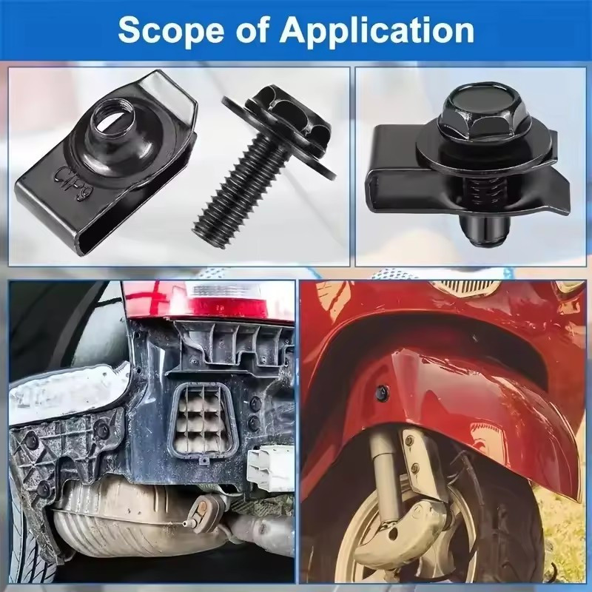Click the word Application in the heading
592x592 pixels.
pyautogui.click(x=377, y=32)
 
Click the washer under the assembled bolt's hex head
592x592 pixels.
pyautogui.click(x=484, y=150)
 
